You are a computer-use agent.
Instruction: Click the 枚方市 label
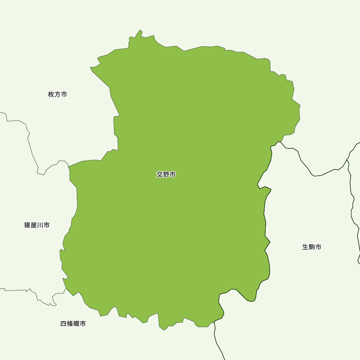pyautogui.click(x=57, y=94)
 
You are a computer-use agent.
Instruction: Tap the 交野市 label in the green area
pyautogui.click(x=166, y=175)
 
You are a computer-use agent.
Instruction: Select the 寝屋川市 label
pyautogui.click(x=37, y=225)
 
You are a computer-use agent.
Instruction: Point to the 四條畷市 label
pyautogui.click(x=73, y=324)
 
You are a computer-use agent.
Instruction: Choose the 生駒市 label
pyautogui.click(x=312, y=247)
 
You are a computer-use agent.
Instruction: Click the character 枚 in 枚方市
pyautogui.click(x=51, y=94)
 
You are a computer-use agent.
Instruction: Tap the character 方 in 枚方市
pyautogui.click(x=58, y=94)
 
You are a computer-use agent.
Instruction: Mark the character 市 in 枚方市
pyautogui.click(x=64, y=94)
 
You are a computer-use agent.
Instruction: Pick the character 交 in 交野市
pyautogui.click(x=159, y=175)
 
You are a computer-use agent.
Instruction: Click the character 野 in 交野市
pyautogui.click(x=166, y=175)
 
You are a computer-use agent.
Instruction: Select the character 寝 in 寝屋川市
pyautogui.click(x=27, y=225)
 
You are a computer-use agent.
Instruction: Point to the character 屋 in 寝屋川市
pyautogui.click(x=34, y=225)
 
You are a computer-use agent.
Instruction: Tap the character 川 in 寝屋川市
pyautogui.click(x=40, y=225)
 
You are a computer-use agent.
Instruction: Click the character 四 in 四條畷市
pyautogui.click(x=63, y=324)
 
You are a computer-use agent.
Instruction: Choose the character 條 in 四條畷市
pyautogui.click(x=70, y=324)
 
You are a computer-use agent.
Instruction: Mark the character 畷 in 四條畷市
pyautogui.click(x=76, y=324)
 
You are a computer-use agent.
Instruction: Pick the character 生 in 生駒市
pyautogui.click(x=305, y=247)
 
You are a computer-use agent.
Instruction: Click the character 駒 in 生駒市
pyautogui.click(x=312, y=247)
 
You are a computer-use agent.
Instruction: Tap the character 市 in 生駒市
pyautogui.click(x=318, y=247)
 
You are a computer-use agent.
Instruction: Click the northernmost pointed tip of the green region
pyautogui.click(x=140, y=30)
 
